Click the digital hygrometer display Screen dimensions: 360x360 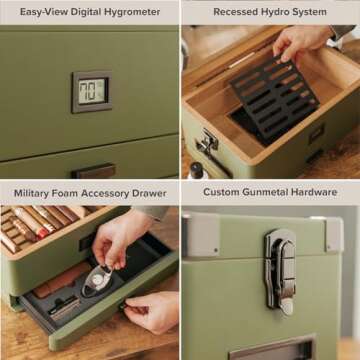pyautogui.click(x=92, y=92)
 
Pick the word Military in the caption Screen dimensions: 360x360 pyautogui.click(x=34, y=191)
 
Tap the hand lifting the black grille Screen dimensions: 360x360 pyautogui.click(x=299, y=42)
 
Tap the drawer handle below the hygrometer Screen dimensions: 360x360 pyautogui.click(x=92, y=170)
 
